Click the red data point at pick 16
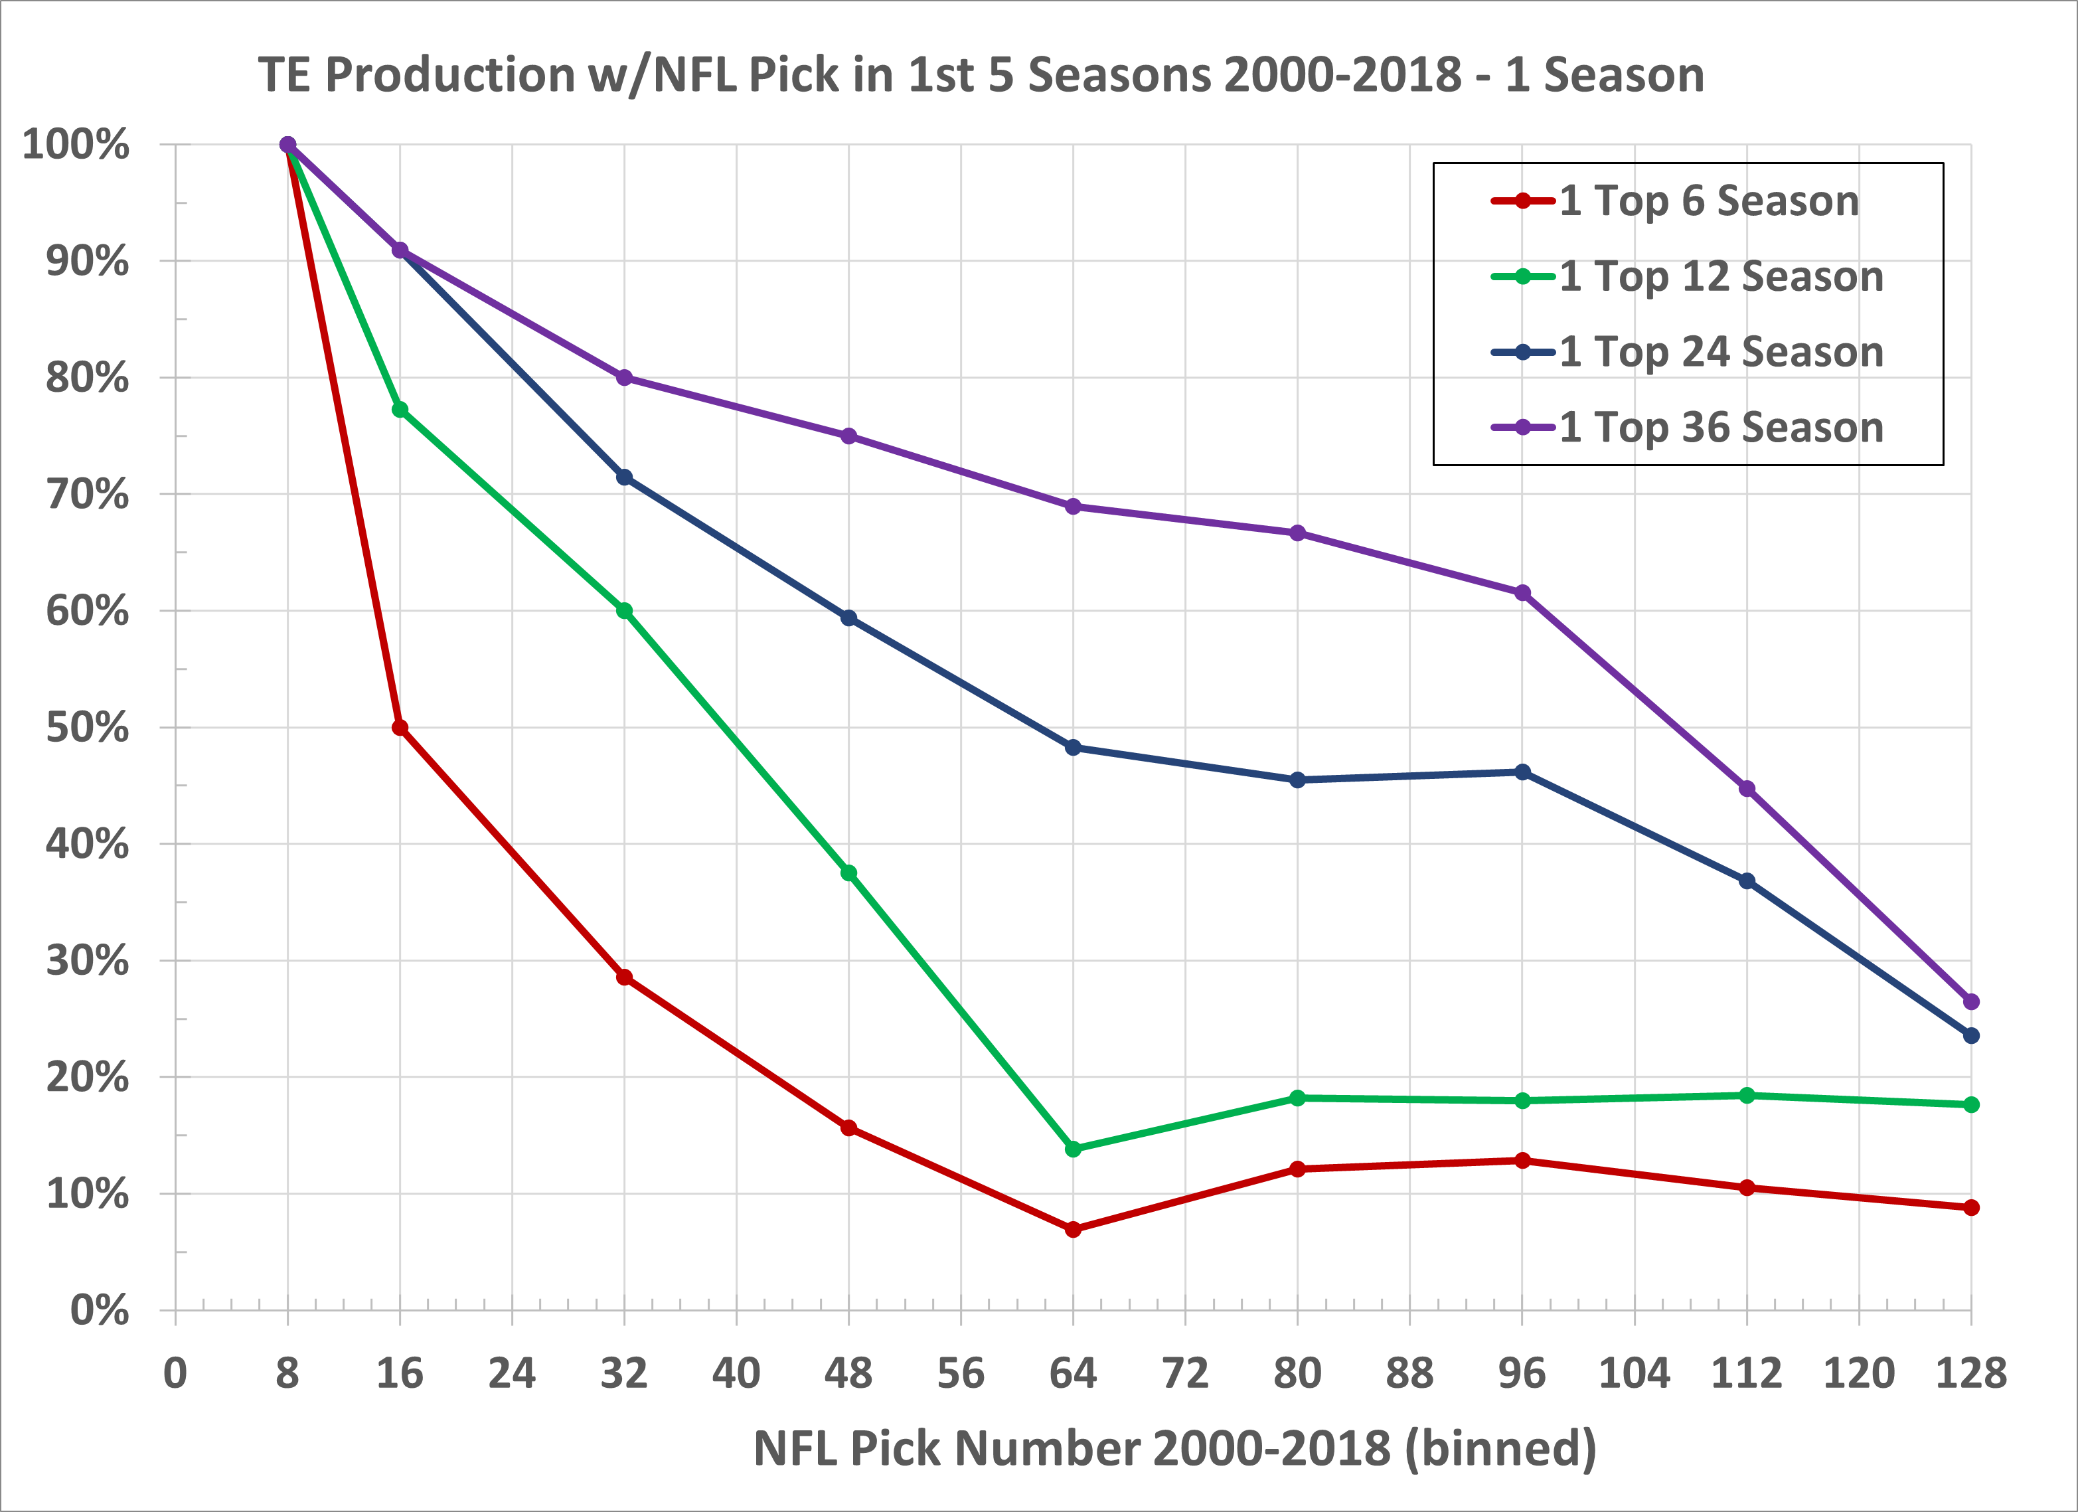(400, 728)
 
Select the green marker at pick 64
(1073, 1149)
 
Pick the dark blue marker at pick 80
(1297, 780)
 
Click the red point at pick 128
(1972, 1208)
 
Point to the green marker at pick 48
(848, 873)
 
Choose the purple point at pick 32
(624, 378)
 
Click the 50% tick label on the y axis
(87, 728)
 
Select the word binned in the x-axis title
(1499, 1449)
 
